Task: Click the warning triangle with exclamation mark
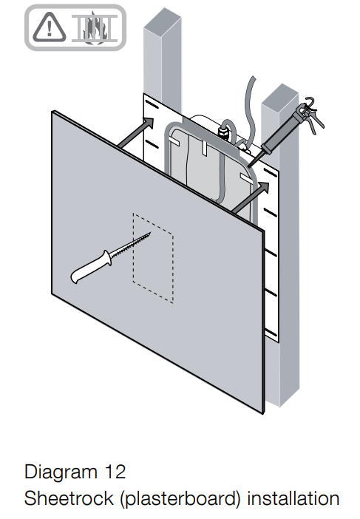pyautogui.click(x=50, y=28)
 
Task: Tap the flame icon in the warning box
pyautogui.click(x=95, y=28)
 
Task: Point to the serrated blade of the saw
pyautogui.click(x=130, y=245)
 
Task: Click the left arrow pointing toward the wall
pyautogui.click(x=136, y=132)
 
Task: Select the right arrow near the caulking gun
pyautogui.click(x=250, y=197)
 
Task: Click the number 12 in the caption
pyautogui.click(x=115, y=472)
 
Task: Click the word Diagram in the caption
pyautogui.click(x=61, y=472)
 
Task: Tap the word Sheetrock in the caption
pyautogui.click(x=69, y=498)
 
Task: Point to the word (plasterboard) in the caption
pyautogui.click(x=180, y=499)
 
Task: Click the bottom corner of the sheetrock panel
pyautogui.click(x=263, y=413)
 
